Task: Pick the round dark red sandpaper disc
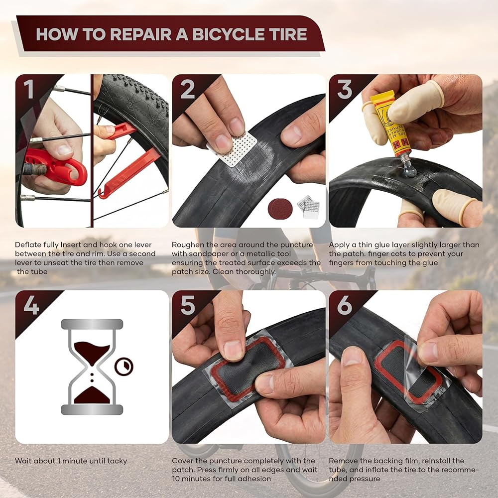[280, 209]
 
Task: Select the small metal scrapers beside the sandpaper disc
[308, 207]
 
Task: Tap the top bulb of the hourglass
[92, 351]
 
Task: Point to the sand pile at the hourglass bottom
[92, 395]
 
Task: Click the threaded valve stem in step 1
[34, 169]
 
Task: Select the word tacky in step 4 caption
[117, 461]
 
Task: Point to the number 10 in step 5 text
[176, 478]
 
